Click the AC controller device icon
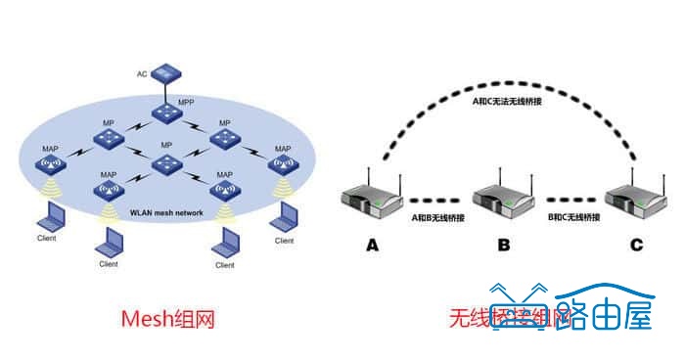click(166, 72)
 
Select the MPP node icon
click(166, 112)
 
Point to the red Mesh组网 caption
click(167, 319)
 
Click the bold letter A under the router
click(372, 246)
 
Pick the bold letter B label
click(503, 246)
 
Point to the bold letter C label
click(636, 246)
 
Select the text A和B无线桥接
click(437, 216)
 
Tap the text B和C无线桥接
click(570, 216)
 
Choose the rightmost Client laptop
click(284, 216)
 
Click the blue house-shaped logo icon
click(519, 311)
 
